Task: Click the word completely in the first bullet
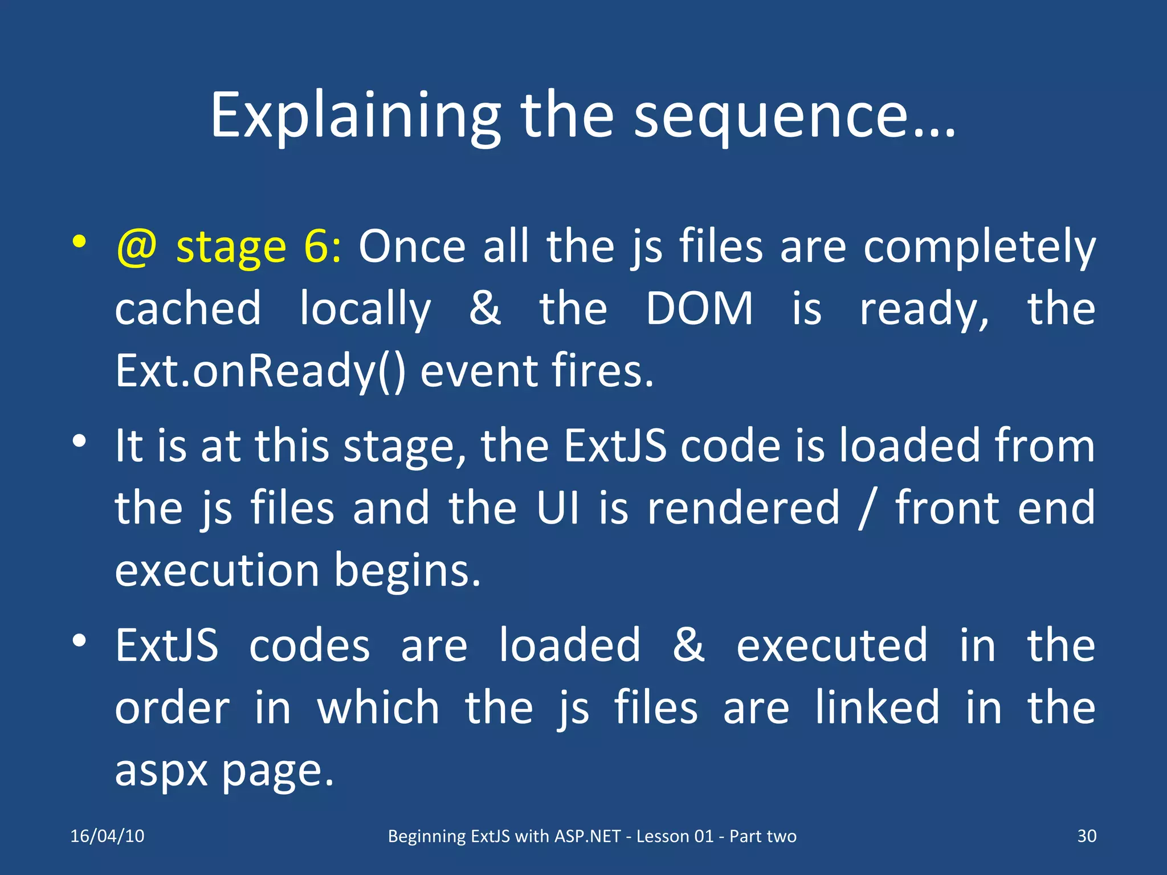[x=979, y=248]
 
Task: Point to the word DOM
[x=699, y=309]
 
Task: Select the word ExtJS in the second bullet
[x=615, y=445]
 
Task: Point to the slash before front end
[x=866, y=508]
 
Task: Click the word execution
[x=217, y=570]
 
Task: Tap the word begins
[x=407, y=571]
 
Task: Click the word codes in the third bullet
[x=309, y=646]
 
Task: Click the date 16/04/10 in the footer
[x=107, y=836]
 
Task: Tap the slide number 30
[x=1086, y=836]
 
